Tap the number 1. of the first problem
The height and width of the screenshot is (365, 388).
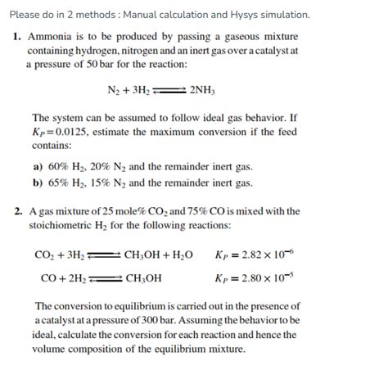point(17,38)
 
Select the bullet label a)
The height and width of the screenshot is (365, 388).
point(38,166)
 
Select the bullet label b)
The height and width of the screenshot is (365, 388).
point(38,182)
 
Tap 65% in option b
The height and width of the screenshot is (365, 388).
point(59,182)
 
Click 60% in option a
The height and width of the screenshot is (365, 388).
point(59,166)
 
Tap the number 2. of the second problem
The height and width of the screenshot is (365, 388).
point(17,211)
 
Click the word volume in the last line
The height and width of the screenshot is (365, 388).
point(47,347)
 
